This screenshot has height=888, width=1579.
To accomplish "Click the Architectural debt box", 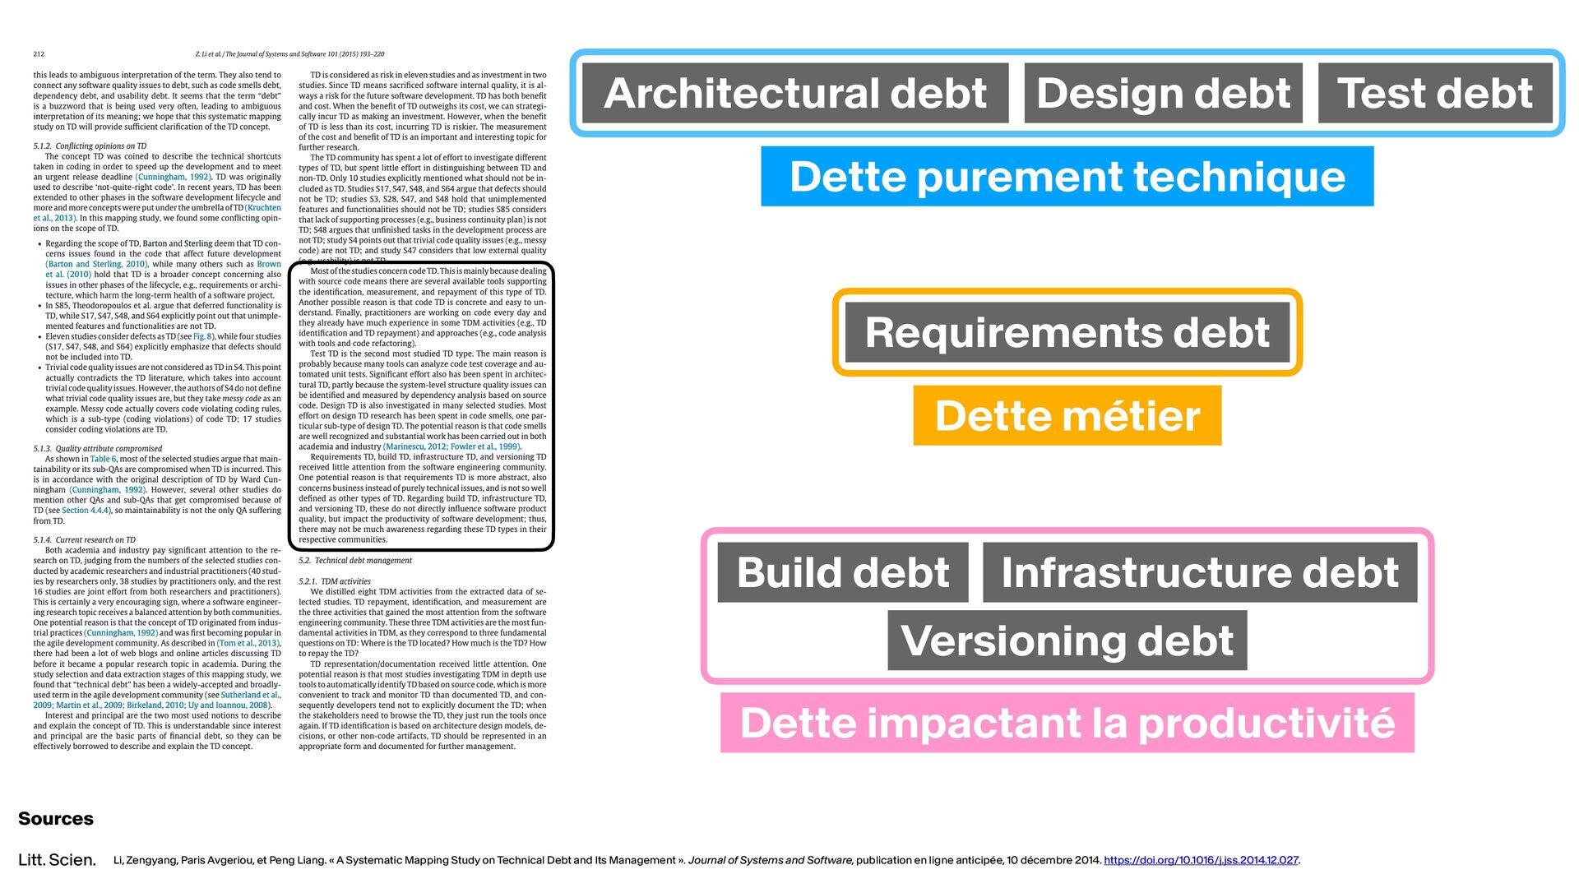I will coord(794,93).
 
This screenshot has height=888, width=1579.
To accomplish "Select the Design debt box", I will coord(1163,93).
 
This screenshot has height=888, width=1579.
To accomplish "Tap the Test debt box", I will coord(1435,93).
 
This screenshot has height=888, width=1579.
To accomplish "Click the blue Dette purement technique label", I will coord(1067,177).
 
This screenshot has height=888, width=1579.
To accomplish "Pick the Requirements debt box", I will coord(1067,332).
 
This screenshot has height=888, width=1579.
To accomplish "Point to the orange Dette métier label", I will coord(1067,415).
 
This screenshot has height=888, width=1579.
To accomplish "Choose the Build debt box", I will coord(842,572).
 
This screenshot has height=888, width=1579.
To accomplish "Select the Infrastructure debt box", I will coord(1199,572).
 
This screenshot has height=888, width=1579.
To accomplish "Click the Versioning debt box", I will coord(1067,641).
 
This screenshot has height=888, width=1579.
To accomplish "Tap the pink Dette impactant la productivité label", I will coord(1067,723).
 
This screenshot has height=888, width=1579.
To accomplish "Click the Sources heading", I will coord(56,819).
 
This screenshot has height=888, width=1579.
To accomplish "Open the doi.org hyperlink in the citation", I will coord(1201,860).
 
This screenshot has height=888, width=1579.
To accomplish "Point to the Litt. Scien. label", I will coord(57,860).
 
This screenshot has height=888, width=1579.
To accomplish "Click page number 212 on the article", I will coord(39,54).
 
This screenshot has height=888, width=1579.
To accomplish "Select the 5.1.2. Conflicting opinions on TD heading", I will coord(90,146).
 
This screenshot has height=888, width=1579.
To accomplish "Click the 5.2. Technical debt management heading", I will coord(355,561).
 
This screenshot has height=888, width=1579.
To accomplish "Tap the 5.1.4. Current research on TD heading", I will coord(84,540).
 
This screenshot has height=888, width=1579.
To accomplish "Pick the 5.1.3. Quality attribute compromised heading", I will coord(98,449).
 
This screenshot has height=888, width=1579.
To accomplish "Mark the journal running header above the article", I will coord(289,54).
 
